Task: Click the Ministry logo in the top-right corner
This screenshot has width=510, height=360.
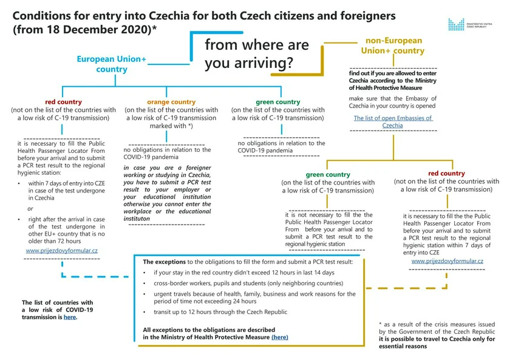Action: point(471,24)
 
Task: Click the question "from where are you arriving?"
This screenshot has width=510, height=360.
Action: point(257,53)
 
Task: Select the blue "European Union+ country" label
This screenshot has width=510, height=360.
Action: point(111,64)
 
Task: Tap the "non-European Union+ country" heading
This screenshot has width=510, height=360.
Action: point(392,46)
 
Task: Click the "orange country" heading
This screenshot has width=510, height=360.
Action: point(171,102)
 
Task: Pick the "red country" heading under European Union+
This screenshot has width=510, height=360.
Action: point(63,102)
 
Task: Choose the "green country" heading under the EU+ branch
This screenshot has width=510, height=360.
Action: point(278,102)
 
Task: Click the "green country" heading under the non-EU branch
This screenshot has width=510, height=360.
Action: point(328,174)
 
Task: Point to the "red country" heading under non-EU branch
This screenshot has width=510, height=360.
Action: point(446,173)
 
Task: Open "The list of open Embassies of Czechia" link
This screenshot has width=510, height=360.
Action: point(393,122)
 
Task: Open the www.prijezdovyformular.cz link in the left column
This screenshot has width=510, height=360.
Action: point(62,250)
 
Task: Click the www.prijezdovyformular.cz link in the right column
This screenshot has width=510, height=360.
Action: point(447,261)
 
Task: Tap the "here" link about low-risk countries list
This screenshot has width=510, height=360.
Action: point(70,317)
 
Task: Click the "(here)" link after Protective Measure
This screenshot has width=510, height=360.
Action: point(280,337)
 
